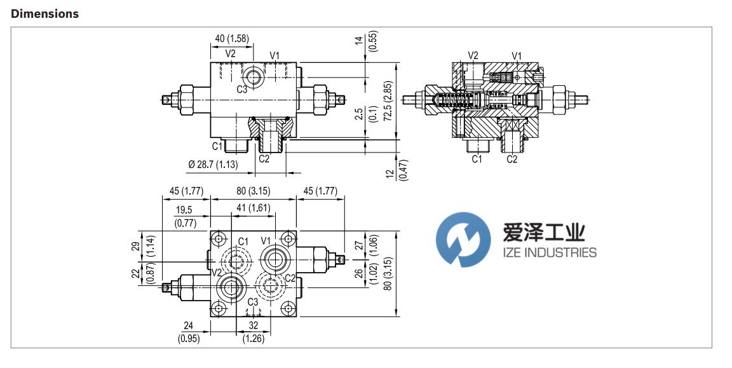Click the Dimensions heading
pyautogui.click(x=44, y=13)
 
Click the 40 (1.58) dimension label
pyautogui.click(x=232, y=39)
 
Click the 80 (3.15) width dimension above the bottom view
pyautogui.click(x=254, y=191)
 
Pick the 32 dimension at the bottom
pyautogui.click(x=254, y=325)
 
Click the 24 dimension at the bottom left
pyautogui.click(x=188, y=325)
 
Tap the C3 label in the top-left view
pyautogui.click(x=242, y=90)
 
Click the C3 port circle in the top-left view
pyautogui.click(x=255, y=77)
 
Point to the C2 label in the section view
pyautogui.click(x=512, y=160)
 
